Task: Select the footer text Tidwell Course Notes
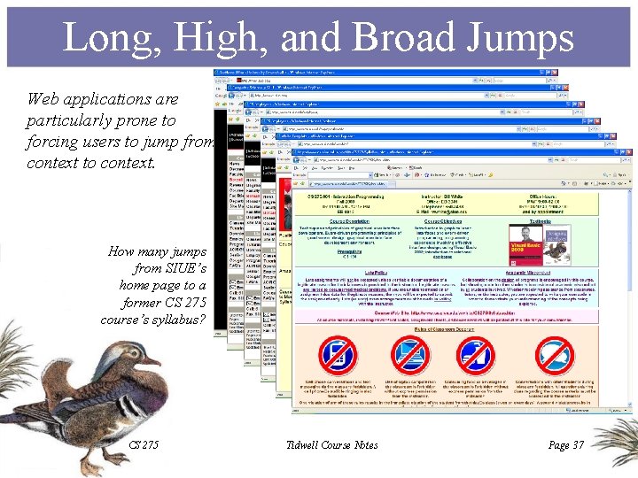(x=333, y=444)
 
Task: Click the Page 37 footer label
(x=566, y=444)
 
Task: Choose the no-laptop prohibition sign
(x=408, y=354)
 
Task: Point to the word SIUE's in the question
(x=187, y=268)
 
